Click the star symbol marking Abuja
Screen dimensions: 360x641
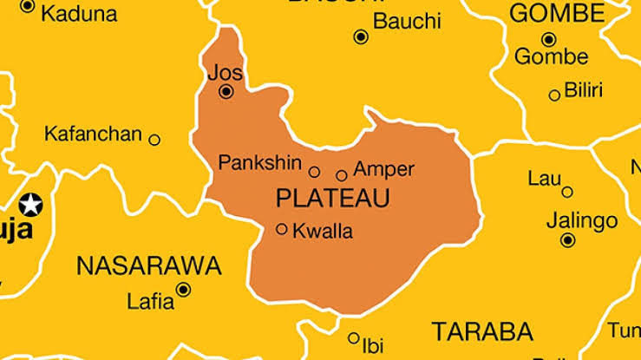coord(31,206)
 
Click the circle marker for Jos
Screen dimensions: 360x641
coord(226,91)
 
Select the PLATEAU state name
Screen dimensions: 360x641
coord(332,198)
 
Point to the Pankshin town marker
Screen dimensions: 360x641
coord(314,172)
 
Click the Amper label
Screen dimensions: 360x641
coord(383,169)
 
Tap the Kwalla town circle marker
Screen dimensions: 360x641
coord(282,229)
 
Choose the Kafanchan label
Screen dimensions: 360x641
coord(93,134)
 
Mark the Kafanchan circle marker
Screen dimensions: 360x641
coord(154,140)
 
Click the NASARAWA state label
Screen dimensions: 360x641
coord(149,265)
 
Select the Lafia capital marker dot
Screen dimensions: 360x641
coord(183,290)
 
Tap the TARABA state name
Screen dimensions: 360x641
coord(482,331)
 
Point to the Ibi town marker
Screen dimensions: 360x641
coord(354,338)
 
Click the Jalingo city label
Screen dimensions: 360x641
coord(581,219)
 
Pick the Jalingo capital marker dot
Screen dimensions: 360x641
coord(567,239)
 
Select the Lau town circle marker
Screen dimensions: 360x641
coord(567,192)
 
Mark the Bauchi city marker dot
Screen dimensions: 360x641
coord(361,36)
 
